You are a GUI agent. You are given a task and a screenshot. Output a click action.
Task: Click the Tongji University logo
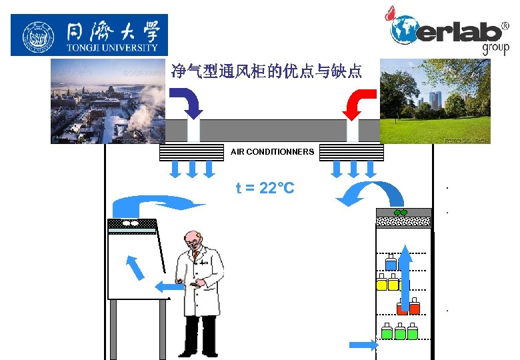tap(89, 35)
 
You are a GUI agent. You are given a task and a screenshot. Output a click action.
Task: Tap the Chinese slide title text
tap(266, 71)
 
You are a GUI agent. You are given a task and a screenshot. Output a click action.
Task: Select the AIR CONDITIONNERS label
tap(272, 152)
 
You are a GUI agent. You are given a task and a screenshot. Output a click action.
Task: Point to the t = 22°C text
tap(265, 189)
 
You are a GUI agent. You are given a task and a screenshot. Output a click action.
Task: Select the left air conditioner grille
tap(191, 153)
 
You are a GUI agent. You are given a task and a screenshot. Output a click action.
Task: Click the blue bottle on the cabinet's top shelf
tap(391, 263)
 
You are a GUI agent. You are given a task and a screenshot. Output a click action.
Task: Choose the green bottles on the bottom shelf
tap(399, 331)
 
